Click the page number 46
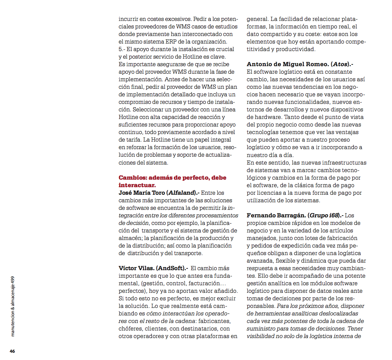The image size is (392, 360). [x=12, y=351]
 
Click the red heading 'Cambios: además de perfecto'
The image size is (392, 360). [x=172, y=178]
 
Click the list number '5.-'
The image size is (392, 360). [x=122, y=49]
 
